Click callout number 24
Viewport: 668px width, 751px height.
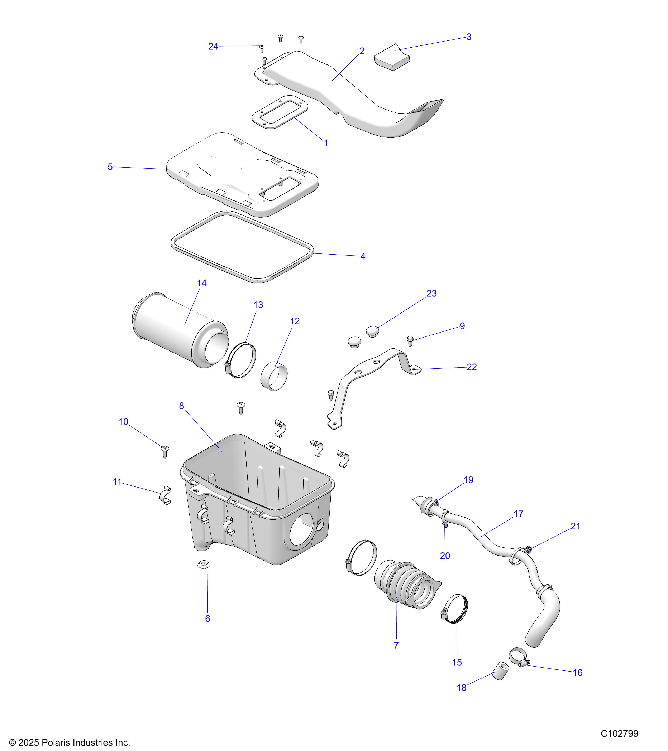coord(213,46)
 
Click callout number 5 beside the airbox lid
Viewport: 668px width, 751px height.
coord(110,167)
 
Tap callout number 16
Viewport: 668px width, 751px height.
coord(578,672)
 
